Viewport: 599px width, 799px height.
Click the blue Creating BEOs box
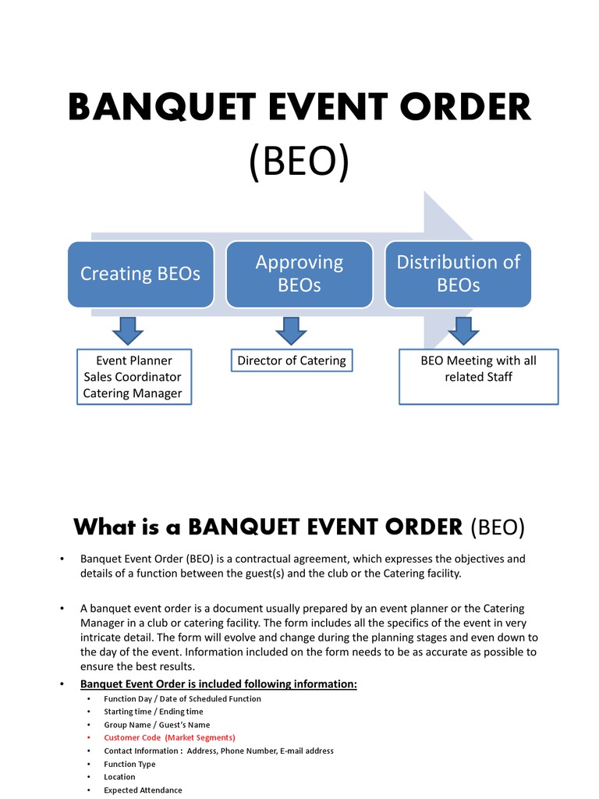pyautogui.click(x=140, y=274)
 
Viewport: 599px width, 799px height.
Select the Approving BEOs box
pyautogui.click(x=299, y=274)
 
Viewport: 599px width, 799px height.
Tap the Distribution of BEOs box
pyautogui.click(x=458, y=274)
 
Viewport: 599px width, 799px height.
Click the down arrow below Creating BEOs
pyautogui.click(x=129, y=329)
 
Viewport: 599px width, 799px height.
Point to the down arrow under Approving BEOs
pyautogui.click(x=290, y=329)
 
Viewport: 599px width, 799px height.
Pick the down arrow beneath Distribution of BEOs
pyautogui.click(x=463, y=329)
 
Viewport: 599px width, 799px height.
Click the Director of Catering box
pyautogui.click(x=291, y=360)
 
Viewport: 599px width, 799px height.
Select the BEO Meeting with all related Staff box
pyautogui.click(x=478, y=377)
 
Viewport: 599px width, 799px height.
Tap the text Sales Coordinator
pyautogui.click(x=133, y=377)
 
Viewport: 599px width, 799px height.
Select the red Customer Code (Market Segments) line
pyautogui.click(x=169, y=737)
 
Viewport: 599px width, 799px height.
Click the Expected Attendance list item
pyautogui.click(x=143, y=790)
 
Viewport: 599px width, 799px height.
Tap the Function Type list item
pyautogui.click(x=129, y=764)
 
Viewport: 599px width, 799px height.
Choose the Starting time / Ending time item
pyautogui.click(x=153, y=712)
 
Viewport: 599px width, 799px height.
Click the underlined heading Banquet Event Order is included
pyautogui.click(x=218, y=684)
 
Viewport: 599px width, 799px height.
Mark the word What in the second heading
pyautogui.click(x=105, y=527)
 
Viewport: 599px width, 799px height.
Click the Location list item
pyautogui.click(x=119, y=777)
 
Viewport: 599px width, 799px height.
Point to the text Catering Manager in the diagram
pyautogui.click(x=133, y=393)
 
